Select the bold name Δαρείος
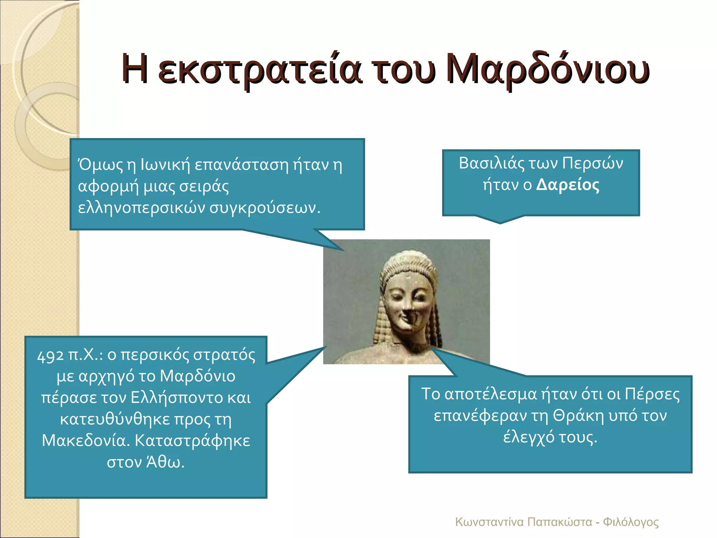pos(568,185)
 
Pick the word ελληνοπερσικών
pos(141,208)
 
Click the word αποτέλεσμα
pos(490,394)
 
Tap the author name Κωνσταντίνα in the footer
pos(489,522)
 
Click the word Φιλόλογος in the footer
pos(631,522)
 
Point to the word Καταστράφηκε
pos(193,441)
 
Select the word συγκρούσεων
pos(265,208)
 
